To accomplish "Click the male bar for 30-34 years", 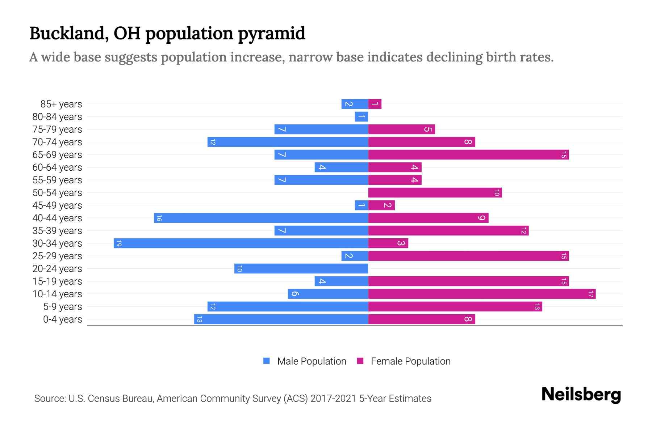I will [241, 243].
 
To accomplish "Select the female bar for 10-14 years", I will [482, 294].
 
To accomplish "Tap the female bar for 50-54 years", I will [435, 192].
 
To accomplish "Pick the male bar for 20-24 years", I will [301, 268].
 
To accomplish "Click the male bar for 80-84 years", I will [361, 116].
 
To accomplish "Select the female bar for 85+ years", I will [375, 104].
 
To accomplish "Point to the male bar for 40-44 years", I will [261, 218].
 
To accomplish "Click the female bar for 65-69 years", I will [468, 154].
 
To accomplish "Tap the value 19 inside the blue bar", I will [119, 243].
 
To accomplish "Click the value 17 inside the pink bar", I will [590, 294].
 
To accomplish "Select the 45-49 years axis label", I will [57, 205].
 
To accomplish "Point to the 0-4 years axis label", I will [62, 319].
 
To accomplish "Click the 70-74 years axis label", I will [57, 142].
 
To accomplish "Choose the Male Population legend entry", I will [312, 361].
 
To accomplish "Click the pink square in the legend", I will [360, 361].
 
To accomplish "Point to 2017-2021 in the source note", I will [333, 399].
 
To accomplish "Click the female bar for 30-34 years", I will [388, 243].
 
